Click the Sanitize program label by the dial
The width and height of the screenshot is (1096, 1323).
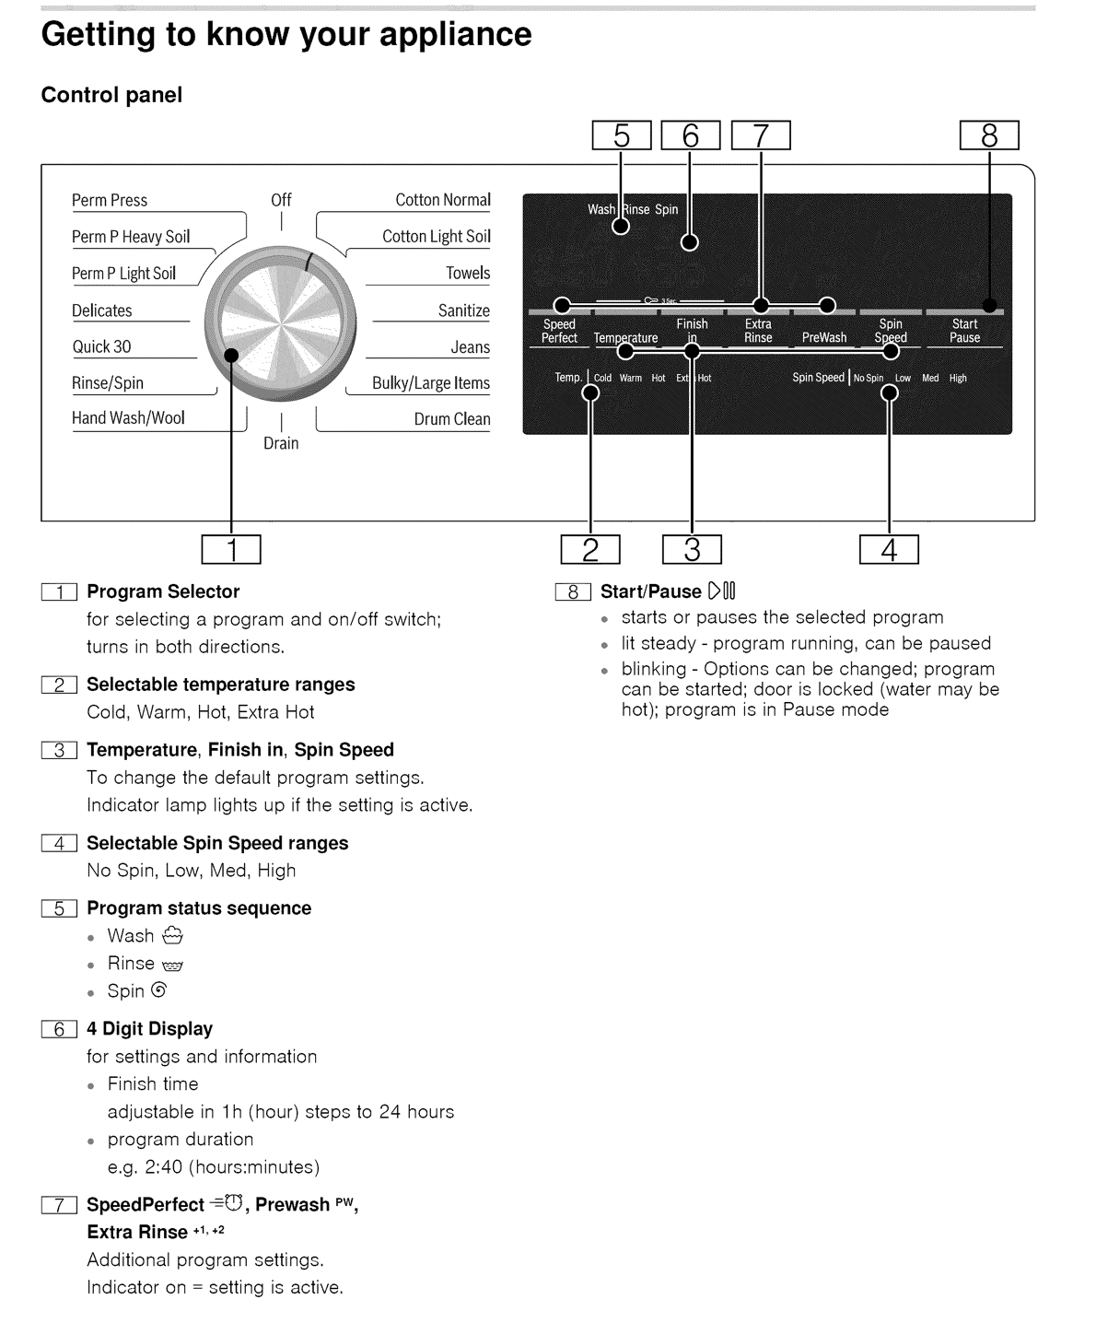point(463,311)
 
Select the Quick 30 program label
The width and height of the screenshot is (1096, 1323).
point(102,347)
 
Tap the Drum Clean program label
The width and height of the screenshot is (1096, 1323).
point(451,419)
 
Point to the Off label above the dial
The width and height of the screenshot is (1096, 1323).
point(281,200)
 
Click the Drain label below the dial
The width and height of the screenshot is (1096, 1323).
point(281,443)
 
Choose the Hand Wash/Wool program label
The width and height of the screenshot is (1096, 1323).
point(128,418)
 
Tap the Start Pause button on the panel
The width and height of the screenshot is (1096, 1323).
point(964,331)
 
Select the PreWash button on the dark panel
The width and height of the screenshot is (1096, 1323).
point(823,338)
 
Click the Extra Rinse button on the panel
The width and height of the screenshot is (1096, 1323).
point(758,331)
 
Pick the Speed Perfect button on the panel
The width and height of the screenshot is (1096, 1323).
point(559,331)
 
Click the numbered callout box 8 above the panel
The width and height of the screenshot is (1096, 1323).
point(989,135)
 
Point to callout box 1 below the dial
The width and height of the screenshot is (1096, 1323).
point(231,550)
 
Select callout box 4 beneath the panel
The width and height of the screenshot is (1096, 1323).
point(889,550)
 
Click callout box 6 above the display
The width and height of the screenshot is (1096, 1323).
point(690,135)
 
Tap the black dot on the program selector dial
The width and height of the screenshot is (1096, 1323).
point(231,355)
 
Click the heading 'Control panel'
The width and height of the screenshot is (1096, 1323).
point(111,95)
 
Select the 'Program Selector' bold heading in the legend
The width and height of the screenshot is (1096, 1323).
point(163,591)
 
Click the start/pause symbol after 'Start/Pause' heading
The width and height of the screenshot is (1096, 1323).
point(722,591)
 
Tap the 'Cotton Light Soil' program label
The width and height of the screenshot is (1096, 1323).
point(436,237)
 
